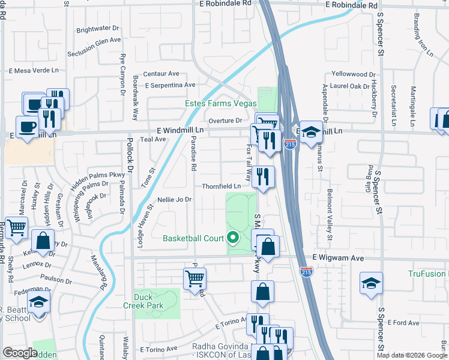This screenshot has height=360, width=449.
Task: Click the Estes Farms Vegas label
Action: tap(220, 103)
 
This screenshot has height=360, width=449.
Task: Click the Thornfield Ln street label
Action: tap(221, 186)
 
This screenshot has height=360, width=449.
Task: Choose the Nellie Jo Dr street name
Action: tap(174, 199)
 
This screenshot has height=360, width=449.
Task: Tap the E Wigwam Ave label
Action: tap(339, 257)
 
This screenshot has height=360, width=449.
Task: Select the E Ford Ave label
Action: tap(403, 323)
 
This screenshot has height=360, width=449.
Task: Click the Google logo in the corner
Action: tap(20, 353)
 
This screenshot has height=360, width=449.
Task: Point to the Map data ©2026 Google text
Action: tap(412, 355)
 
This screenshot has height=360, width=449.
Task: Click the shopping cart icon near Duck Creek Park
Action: tap(194, 278)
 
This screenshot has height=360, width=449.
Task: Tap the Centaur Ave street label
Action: tap(161, 73)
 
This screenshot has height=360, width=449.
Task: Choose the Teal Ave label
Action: tap(152, 139)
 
